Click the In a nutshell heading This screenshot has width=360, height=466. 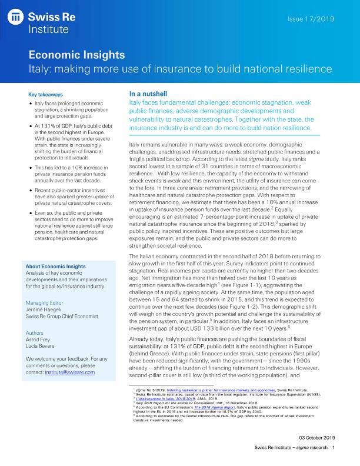[x=149, y=94]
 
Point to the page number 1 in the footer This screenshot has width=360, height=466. [x=333, y=449]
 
